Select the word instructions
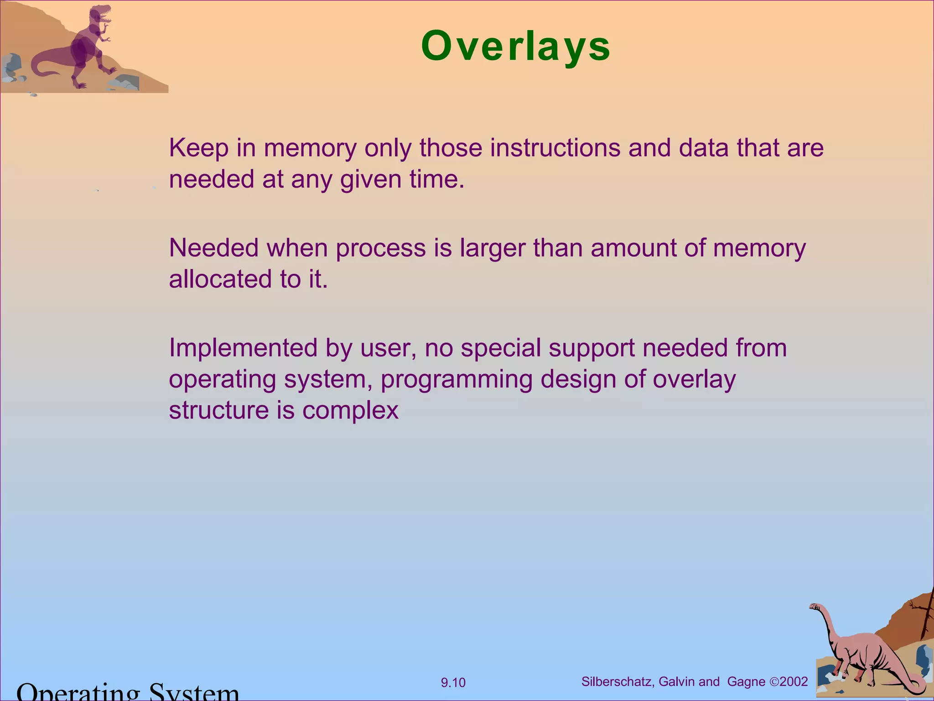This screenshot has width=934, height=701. [x=555, y=148]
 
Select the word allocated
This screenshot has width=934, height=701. [x=220, y=279]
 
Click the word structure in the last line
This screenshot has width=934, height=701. [x=219, y=410]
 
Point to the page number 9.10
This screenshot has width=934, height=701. [x=453, y=683]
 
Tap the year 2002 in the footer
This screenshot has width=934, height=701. [x=794, y=682]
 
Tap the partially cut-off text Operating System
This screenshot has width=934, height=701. [x=128, y=693]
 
